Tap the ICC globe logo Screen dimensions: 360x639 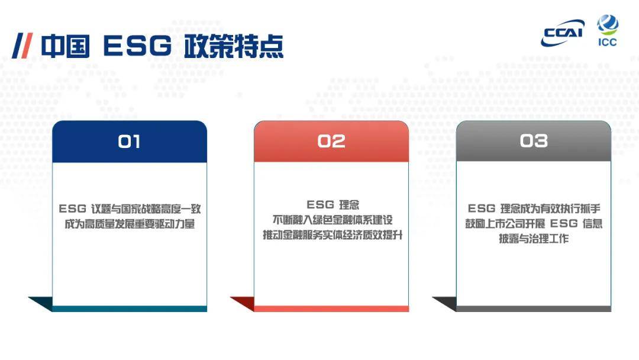click(607, 30)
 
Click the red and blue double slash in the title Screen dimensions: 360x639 click(22, 46)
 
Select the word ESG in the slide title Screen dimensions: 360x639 click(137, 46)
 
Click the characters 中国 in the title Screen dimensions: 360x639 click(65, 46)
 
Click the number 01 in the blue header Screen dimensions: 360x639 click(129, 142)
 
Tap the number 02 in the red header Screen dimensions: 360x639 click(331, 142)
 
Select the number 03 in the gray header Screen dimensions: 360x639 click(533, 141)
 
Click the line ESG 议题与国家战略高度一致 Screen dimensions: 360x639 click(129, 209)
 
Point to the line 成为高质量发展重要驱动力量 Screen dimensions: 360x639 click(129, 224)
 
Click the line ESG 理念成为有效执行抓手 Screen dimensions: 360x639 click(534, 209)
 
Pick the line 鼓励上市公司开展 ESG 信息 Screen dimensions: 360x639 click(534, 224)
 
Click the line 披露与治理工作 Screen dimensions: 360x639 click(534, 239)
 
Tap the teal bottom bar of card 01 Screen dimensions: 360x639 click(129, 308)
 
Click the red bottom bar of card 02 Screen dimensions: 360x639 click(331, 308)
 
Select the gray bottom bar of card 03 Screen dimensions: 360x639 click(533, 308)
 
